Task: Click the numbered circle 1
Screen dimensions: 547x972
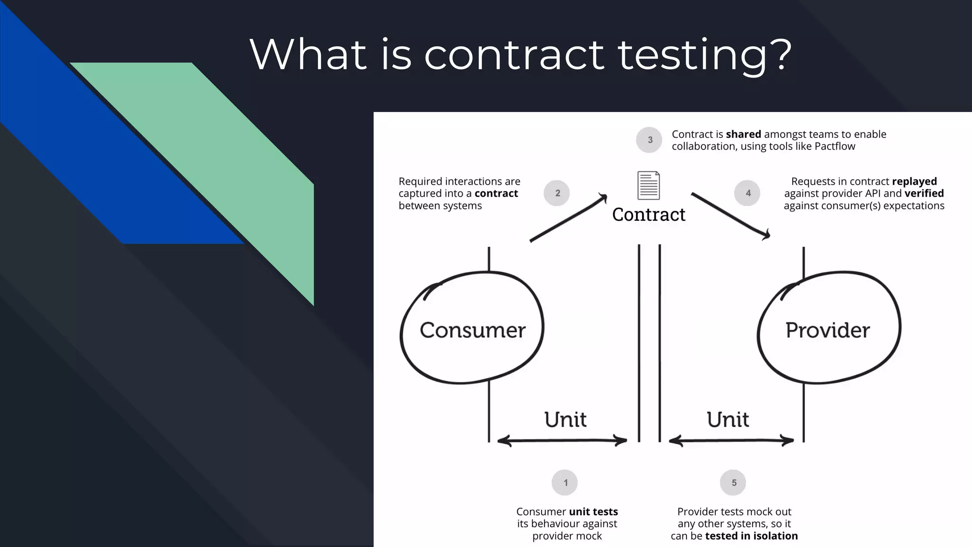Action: coord(565,482)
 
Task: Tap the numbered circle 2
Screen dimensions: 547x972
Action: coord(557,193)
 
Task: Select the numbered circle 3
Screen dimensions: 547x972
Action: coord(649,140)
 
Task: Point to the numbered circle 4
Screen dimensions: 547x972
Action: coord(748,193)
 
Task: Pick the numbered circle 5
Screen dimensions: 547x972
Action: coord(733,482)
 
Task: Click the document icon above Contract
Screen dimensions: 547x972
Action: coord(648,186)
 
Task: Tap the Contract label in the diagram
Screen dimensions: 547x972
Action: coord(648,215)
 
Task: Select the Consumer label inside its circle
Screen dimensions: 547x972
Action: coord(472,330)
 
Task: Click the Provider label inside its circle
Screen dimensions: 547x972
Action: coord(827,330)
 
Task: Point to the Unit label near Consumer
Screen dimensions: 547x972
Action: coord(565,420)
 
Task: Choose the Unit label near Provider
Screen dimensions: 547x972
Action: coord(728,420)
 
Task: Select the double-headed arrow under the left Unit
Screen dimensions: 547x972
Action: coord(562,441)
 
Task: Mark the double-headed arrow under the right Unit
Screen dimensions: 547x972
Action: coord(731,441)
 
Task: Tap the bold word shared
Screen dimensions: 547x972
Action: coord(743,134)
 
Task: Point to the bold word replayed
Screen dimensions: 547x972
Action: coord(914,181)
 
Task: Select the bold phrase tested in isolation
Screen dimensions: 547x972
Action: coord(751,536)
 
